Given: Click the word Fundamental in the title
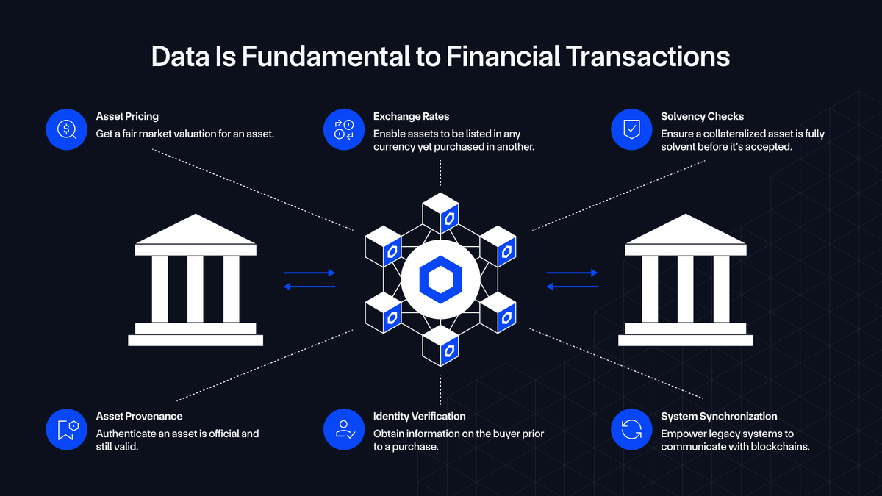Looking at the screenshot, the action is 326,57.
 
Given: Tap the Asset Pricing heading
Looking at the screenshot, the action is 127,117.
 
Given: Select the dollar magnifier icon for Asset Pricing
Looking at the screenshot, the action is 67,129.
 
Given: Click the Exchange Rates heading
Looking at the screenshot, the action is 411,117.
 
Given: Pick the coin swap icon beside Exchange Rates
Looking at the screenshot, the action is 344,129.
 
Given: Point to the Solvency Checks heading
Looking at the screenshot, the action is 702,117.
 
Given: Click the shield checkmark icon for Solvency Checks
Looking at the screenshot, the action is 631,129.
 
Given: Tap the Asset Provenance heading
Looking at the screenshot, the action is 139,416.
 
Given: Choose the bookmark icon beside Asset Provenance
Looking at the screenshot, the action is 67,429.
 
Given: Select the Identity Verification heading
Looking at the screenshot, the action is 420,416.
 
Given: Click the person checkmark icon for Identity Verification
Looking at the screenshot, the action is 344,429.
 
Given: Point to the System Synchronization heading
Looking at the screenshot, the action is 719,416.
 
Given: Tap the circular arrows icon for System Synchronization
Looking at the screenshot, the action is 631,429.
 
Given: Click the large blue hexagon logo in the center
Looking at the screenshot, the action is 440,279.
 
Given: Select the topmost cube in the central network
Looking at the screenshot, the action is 440,213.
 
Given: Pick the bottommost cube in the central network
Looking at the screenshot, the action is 440,345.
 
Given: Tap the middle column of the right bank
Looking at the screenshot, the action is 686,289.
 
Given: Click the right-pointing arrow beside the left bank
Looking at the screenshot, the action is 309,273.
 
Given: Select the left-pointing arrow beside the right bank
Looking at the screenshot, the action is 572,287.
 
